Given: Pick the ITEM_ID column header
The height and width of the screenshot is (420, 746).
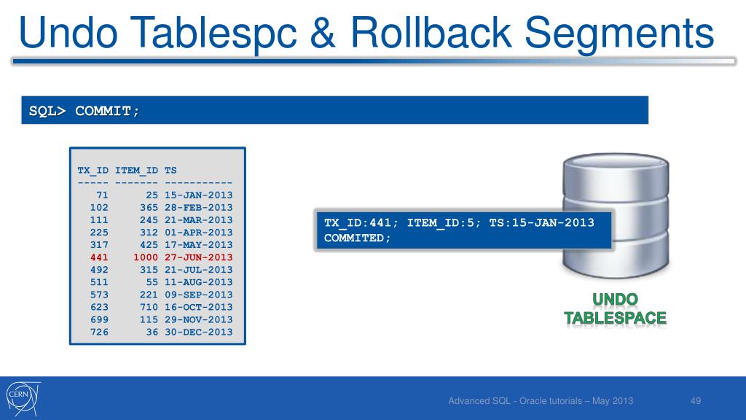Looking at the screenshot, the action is (x=137, y=171).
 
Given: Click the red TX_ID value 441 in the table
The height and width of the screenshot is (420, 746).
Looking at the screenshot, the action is (x=99, y=257).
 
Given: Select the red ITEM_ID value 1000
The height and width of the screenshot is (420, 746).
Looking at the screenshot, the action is (x=146, y=257).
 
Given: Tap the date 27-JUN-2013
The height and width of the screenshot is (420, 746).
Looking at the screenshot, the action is (x=199, y=257).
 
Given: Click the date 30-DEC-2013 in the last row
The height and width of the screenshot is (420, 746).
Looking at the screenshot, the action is (x=199, y=332).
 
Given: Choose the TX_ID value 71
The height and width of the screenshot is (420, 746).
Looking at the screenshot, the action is (x=102, y=195).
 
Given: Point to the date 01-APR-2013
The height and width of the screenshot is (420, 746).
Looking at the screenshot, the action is (x=199, y=233).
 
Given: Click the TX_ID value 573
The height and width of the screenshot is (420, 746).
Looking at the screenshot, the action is (x=99, y=295).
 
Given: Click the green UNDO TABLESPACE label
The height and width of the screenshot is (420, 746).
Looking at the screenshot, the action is (x=615, y=309).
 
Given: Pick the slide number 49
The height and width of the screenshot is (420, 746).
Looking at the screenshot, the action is (x=695, y=400).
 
